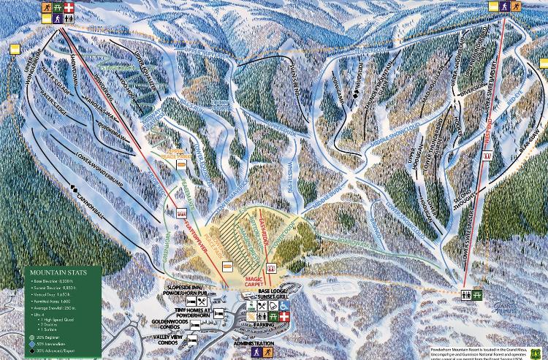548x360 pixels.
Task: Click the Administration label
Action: [254, 343]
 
